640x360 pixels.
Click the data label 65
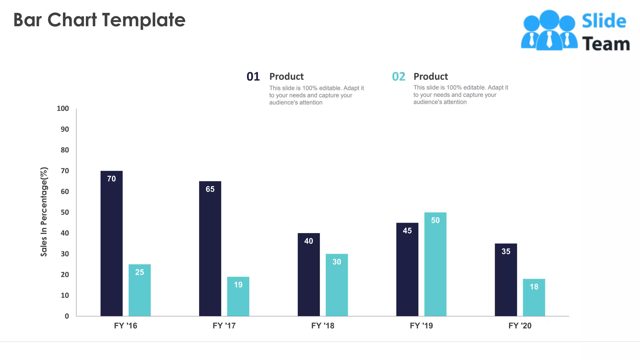pos(210,189)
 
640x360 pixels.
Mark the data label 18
pos(534,287)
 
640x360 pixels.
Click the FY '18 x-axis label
pos(322,326)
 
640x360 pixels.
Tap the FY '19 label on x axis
pos(421,326)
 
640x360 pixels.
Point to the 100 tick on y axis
pos(63,108)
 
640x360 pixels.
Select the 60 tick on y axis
pos(65,192)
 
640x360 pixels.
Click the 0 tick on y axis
pos(67,316)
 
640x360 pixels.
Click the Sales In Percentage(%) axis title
pos(44,212)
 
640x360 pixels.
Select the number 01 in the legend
pos(253,77)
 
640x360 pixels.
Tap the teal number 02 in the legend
pos(398,77)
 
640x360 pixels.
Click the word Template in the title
pos(144,20)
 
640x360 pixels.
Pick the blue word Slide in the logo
pos(604,21)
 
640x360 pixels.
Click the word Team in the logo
pos(606,44)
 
